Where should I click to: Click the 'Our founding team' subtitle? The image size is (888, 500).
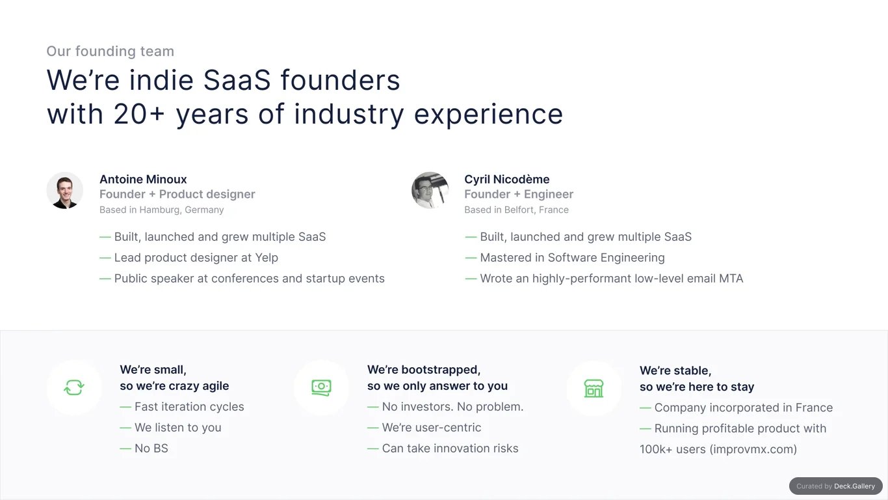tap(111, 51)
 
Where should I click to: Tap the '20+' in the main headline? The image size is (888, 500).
tap(139, 114)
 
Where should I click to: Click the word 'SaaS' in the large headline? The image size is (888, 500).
tap(237, 80)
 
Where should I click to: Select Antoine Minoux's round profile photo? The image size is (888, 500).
tap(64, 190)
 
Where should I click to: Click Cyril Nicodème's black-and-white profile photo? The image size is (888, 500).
tap(430, 190)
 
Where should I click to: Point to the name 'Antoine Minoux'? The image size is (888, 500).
tap(143, 179)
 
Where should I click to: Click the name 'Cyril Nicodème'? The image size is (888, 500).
tap(507, 179)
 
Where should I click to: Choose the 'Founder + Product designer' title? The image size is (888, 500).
tap(177, 194)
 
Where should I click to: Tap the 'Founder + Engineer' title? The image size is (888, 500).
tap(519, 194)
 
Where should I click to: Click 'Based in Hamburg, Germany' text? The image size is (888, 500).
tap(162, 210)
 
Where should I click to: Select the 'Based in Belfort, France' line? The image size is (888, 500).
tap(517, 210)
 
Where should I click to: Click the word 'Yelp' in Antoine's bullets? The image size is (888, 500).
tap(267, 258)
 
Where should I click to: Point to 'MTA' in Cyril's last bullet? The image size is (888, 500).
tap(731, 279)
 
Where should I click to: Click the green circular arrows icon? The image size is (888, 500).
tap(74, 387)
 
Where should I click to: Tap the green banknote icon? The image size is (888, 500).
tap(322, 387)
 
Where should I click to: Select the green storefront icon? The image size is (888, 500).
tap(594, 389)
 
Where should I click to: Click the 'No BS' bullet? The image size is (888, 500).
tap(144, 449)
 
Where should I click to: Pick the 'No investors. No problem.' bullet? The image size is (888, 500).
tap(445, 407)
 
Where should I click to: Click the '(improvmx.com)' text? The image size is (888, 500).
tap(753, 449)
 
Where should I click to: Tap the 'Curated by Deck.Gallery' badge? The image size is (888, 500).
tap(836, 486)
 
